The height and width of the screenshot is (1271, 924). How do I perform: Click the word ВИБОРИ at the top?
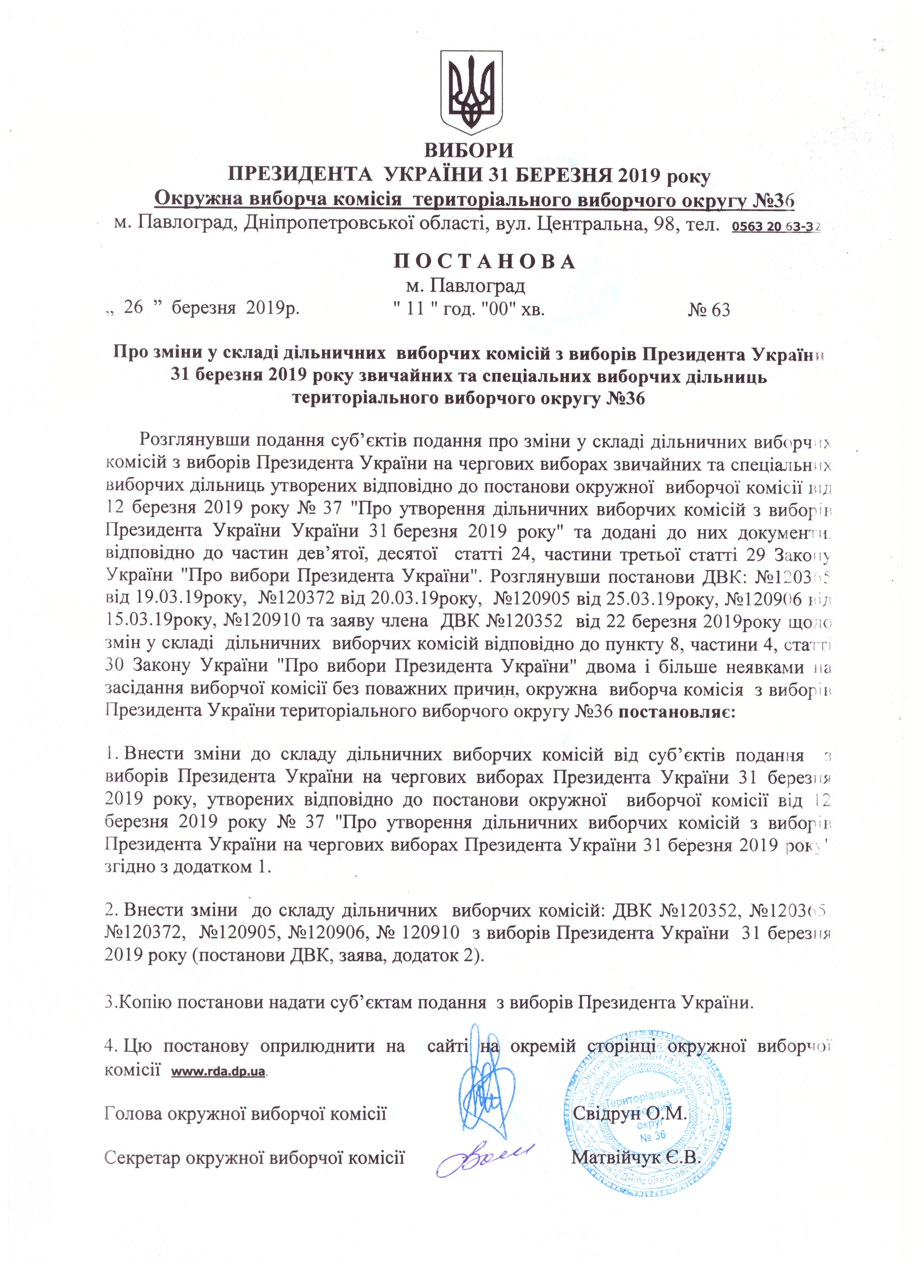coord(469,151)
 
